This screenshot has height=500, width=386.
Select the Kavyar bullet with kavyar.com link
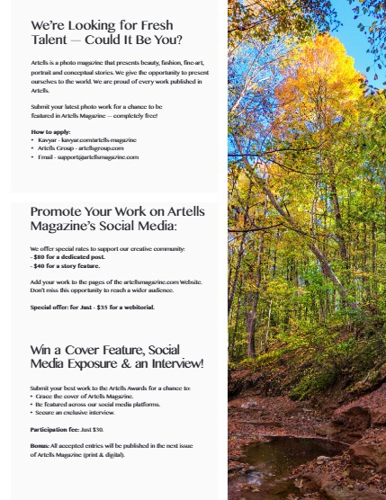point(85,140)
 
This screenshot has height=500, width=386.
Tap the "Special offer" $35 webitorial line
point(92,307)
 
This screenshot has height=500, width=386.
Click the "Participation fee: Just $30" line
point(67,430)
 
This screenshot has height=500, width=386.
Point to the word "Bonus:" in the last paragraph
point(40,445)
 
